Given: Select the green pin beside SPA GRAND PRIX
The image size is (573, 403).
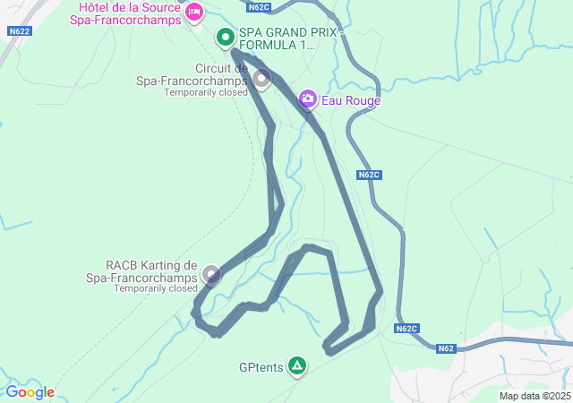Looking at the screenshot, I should point(226,38).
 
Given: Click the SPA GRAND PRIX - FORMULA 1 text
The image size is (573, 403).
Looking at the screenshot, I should point(278,38).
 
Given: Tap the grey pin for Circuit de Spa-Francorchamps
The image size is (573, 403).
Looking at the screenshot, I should point(261,79).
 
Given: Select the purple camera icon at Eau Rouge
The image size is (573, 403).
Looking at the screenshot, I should point(308,98).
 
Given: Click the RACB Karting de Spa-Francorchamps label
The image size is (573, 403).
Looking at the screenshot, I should point(151,271).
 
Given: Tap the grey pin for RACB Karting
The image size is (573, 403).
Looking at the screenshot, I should point(211,274).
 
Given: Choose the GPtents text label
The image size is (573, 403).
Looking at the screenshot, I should point(261,366).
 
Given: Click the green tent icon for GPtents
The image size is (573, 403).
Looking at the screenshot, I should point(296,365).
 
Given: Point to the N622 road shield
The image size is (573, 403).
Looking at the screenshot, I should point(19,31).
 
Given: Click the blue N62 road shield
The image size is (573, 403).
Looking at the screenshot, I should point(447,348).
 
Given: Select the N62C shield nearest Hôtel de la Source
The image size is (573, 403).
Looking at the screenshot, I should point(258,7).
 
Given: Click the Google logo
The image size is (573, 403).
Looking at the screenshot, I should point(30,392).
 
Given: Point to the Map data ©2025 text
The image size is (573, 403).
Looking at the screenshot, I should point(535,396).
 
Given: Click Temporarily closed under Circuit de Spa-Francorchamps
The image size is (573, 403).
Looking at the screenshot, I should point(206,92).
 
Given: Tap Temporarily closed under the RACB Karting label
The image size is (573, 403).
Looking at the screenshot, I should point(155,288).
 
